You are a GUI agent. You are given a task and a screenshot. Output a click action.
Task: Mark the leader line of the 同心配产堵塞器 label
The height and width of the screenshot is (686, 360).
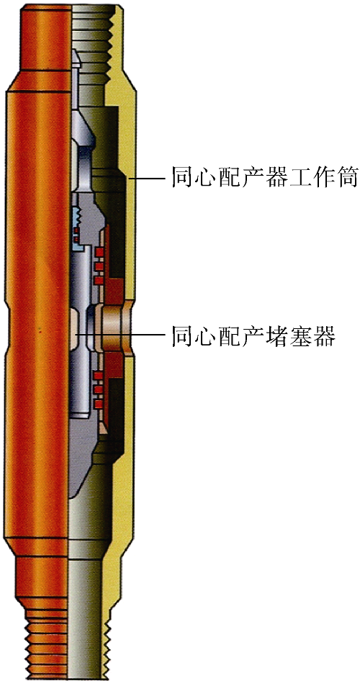(119, 335)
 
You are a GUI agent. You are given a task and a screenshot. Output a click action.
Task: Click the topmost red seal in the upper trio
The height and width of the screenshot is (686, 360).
(99, 251)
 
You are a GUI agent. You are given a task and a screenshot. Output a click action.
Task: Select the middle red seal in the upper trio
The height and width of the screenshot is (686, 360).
(99, 266)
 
